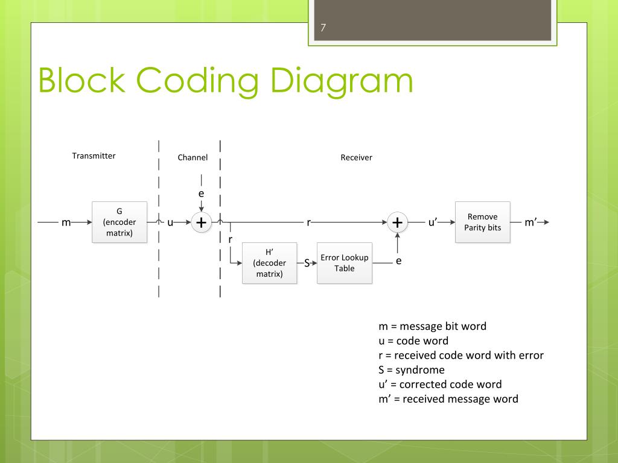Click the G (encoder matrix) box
[119, 222]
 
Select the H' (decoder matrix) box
[270, 263]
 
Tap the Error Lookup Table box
[345, 263]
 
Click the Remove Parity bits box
[482, 222]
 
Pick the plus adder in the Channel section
[201, 222]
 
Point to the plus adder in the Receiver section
[397, 222]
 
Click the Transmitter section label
[94, 156]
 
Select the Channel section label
[193, 157]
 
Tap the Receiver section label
[356, 157]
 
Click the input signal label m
[66, 222]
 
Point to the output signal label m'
[530, 222]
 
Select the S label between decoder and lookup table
[307, 263]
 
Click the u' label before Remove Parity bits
[433, 222]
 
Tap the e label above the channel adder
[201, 194]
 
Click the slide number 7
[323, 28]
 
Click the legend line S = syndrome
[411, 370]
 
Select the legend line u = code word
[413, 341]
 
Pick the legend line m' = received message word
[448, 398]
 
